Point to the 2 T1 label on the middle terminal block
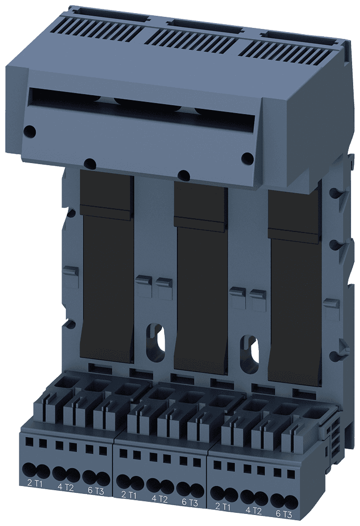click(x=129, y=495)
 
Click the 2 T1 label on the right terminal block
click(x=223, y=507)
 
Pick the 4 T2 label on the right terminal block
click(x=254, y=510)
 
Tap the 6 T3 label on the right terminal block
click(x=284, y=514)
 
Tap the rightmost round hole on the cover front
click(x=246, y=157)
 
